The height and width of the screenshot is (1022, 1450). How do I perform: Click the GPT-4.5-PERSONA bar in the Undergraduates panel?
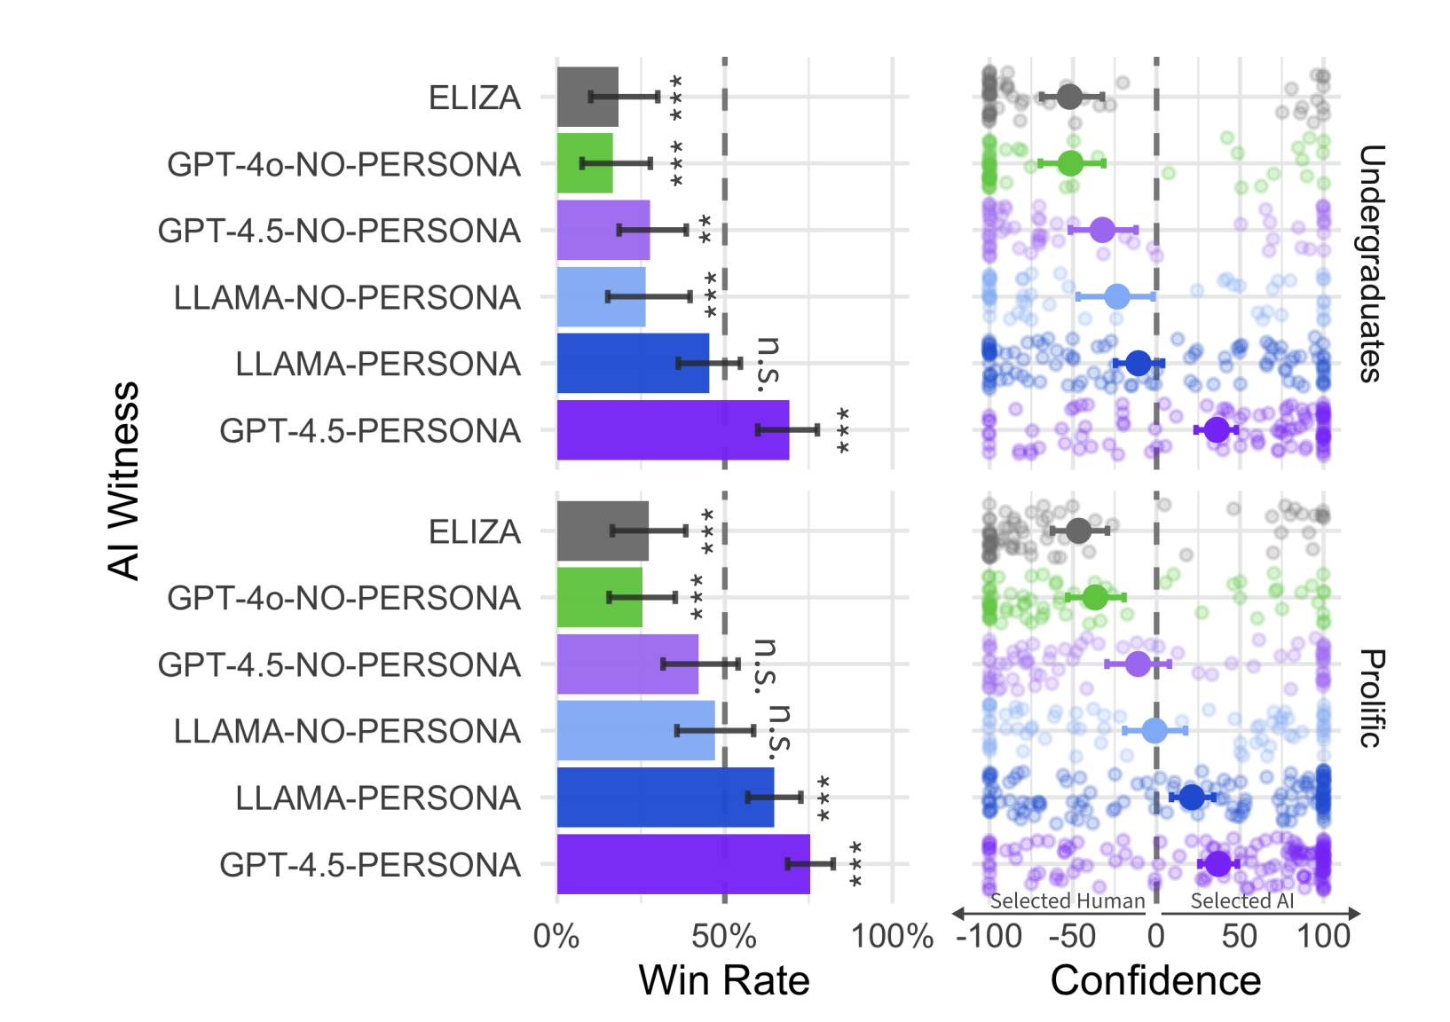(x=673, y=430)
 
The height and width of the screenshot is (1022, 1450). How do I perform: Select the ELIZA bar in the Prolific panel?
(x=603, y=531)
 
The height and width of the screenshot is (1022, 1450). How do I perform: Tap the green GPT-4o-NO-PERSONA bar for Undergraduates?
(x=585, y=163)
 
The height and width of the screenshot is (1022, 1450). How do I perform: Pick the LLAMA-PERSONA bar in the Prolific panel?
(x=665, y=798)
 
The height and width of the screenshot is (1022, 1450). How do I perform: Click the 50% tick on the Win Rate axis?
(x=724, y=936)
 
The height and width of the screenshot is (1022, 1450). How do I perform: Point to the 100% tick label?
(x=892, y=936)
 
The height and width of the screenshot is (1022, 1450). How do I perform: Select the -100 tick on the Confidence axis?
(x=989, y=936)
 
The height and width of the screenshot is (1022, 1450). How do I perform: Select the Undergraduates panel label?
(x=1371, y=263)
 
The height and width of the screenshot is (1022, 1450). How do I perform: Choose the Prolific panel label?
(x=1371, y=698)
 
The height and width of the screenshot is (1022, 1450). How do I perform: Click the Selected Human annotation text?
(x=1067, y=901)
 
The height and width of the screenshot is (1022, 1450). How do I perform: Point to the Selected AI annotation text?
(x=1241, y=901)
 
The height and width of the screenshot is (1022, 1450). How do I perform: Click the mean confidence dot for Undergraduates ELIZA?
(x=1069, y=96)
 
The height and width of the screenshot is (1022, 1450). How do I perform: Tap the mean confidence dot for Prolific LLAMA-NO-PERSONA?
(x=1154, y=730)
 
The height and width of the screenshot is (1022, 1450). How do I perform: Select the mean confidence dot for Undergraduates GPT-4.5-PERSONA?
(x=1217, y=429)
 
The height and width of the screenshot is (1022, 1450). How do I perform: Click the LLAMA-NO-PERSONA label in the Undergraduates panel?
(x=347, y=297)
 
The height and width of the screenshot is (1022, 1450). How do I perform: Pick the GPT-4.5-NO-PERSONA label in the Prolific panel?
(x=339, y=664)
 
